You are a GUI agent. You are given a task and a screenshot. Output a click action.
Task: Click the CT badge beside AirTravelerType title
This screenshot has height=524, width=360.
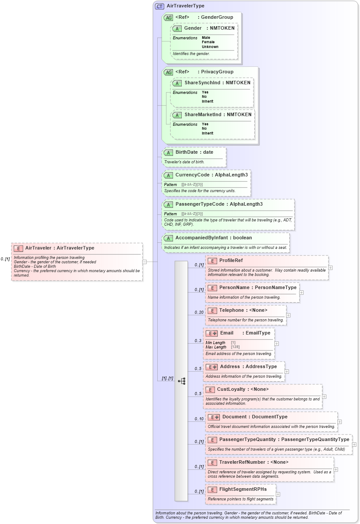point(160,7)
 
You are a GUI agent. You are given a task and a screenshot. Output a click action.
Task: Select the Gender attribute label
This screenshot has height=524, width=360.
point(193,28)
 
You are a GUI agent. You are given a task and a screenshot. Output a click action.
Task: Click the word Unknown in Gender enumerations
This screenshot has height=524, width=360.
point(210,47)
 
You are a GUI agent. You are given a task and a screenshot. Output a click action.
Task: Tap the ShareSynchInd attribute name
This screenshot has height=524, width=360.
point(203,83)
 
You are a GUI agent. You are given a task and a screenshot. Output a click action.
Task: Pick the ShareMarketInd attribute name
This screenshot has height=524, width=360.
point(203,114)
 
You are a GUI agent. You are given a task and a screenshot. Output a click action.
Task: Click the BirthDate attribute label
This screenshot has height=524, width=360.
point(187,152)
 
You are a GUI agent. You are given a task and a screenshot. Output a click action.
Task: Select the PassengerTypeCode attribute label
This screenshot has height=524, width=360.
point(200,204)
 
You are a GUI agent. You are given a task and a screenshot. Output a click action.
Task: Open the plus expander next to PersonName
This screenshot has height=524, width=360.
point(301,293)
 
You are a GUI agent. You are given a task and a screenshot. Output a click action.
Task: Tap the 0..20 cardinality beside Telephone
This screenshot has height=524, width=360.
point(199,313)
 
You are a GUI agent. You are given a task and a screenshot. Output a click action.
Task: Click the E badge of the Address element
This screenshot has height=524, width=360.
point(211,367)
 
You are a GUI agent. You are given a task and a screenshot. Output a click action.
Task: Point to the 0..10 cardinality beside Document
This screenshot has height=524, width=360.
point(199,419)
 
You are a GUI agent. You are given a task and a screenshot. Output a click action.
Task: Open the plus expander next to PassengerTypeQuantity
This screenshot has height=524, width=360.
point(354,445)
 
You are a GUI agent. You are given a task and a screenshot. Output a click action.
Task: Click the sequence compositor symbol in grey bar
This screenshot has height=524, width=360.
point(181,381)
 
